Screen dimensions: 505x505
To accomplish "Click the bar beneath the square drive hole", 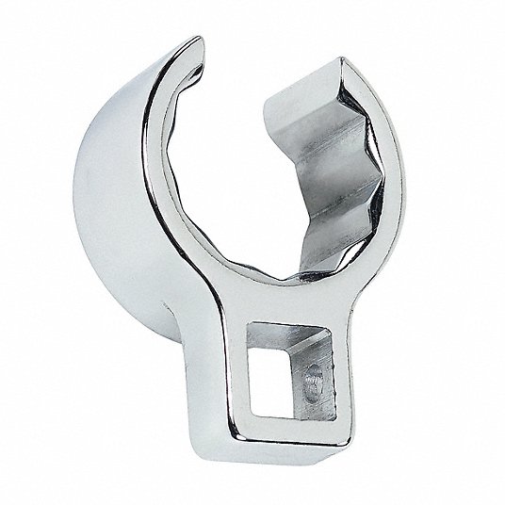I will point(292,428).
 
